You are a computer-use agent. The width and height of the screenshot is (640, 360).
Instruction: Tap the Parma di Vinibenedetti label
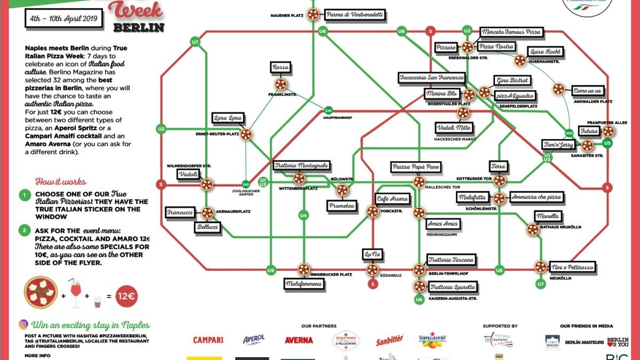pyautogui.click(x=355, y=15)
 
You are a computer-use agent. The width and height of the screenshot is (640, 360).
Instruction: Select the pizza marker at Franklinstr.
pyautogui.click(x=281, y=84)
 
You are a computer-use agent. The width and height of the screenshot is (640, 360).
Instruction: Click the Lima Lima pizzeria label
pyautogui.click(x=228, y=118)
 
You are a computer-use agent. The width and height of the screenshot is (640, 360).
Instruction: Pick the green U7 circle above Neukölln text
pyautogui.click(x=541, y=284)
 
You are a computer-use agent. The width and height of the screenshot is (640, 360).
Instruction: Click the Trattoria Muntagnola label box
pyautogui.click(x=301, y=166)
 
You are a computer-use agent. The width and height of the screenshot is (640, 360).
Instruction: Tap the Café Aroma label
pyautogui.click(x=392, y=199)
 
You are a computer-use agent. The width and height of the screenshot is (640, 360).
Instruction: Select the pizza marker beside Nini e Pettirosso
pyautogui.click(x=541, y=267)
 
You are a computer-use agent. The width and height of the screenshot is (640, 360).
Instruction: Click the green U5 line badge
pyautogui.click(x=607, y=143)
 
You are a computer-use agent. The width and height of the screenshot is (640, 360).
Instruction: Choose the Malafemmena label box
pyautogui.click(x=303, y=284)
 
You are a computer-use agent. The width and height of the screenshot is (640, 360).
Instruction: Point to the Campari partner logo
pyautogui.click(x=208, y=340)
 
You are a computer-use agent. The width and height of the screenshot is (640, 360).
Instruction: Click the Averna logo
pyautogui.click(x=299, y=340)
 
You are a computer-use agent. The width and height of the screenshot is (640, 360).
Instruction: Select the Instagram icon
pyautogui.click(x=23, y=324)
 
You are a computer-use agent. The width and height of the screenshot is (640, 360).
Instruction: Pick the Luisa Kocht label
pyautogui.click(x=545, y=52)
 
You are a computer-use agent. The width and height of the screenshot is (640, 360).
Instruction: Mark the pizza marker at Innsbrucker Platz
pyautogui.click(x=303, y=270)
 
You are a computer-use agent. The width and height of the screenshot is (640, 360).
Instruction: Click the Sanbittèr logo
pyautogui.click(x=389, y=340)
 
